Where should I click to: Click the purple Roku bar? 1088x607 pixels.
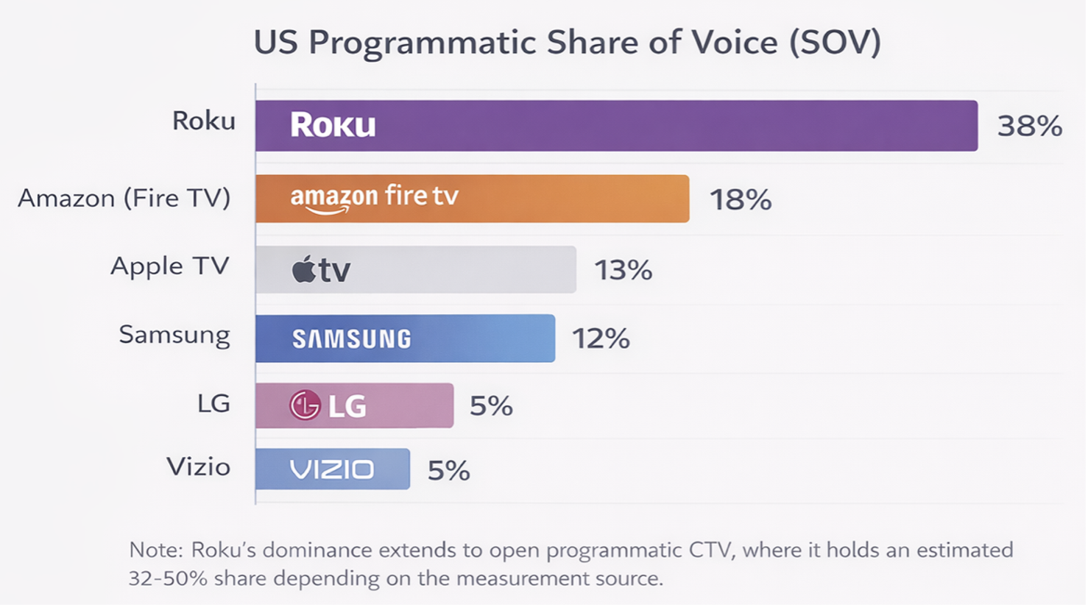tap(616, 126)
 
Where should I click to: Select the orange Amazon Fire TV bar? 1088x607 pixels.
tap(472, 199)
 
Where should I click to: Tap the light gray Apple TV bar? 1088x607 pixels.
tap(416, 270)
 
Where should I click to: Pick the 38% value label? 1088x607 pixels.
tap(1029, 127)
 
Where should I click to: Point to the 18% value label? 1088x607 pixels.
tap(741, 199)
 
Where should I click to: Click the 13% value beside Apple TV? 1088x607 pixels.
tap(624, 270)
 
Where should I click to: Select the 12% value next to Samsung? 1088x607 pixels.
tap(601, 338)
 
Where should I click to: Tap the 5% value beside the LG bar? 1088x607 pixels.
tap(491, 405)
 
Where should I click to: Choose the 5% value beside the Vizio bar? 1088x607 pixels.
tap(448, 470)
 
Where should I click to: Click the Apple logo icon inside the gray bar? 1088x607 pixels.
tap(303, 269)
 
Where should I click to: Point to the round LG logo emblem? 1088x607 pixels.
tap(305, 405)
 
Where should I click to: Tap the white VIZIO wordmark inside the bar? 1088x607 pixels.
tap(332, 469)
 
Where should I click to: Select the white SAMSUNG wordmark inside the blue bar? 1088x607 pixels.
tap(352, 339)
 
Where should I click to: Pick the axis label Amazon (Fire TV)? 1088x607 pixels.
tap(124, 199)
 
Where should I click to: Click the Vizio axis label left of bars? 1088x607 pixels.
tap(198, 467)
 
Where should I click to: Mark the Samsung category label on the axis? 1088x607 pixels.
tap(174, 336)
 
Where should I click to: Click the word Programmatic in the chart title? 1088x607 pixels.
tap(423, 43)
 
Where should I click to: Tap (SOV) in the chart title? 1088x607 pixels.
tap(835, 43)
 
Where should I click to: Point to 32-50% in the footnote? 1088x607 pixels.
tap(168, 578)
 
